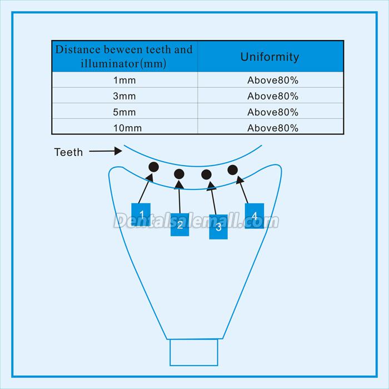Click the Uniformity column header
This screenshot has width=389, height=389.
pyautogui.click(x=270, y=57)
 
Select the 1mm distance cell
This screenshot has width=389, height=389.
pyautogui.click(x=124, y=80)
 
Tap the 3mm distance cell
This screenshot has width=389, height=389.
pyautogui.click(x=124, y=96)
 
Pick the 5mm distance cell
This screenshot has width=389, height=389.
pyautogui.click(x=124, y=112)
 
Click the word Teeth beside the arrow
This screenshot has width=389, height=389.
pyautogui.click(x=68, y=152)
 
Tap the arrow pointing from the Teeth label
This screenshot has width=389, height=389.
pyautogui.click(x=106, y=151)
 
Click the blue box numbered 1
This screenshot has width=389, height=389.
pyautogui.click(x=141, y=215)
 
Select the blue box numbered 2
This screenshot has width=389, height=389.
pyautogui.click(x=180, y=225)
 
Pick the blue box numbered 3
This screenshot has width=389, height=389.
pyautogui.click(x=218, y=227)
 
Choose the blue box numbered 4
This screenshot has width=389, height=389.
pyautogui.click(x=255, y=216)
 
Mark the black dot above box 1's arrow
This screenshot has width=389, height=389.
pyautogui.click(x=154, y=167)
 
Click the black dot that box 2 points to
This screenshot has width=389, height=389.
pyautogui.click(x=179, y=174)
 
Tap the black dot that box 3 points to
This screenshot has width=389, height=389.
pyautogui.click(x=206, y=174)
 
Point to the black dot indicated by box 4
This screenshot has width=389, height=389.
pyautogui.click(x=232, y=169)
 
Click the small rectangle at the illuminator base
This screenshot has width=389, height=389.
pyautogui.click(x=194, y=352)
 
